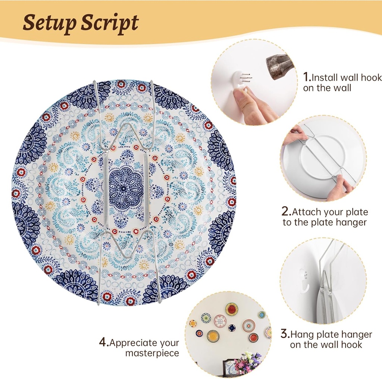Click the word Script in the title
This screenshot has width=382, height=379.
[x=109, y=23]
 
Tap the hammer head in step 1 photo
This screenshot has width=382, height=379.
[x=279, y=66]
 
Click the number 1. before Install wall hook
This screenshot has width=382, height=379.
[x=307, y=77]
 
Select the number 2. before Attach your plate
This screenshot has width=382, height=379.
[x=286, y=212]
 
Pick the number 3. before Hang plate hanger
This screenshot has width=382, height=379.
[x=285, y=334]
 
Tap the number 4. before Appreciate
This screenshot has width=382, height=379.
[x=103, y=343]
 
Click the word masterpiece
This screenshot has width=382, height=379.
[x=152, y=353]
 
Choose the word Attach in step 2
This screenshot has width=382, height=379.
[x=304, y=212]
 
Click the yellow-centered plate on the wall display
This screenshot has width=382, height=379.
[x=213, y=336]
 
